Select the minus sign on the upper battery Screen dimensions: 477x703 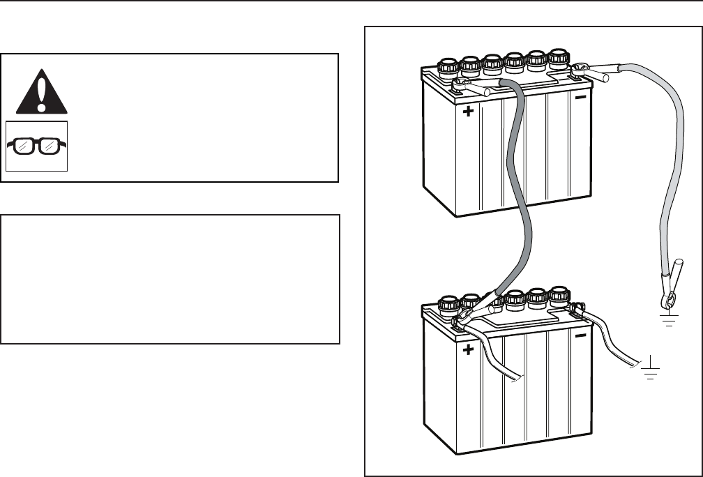(580, 98)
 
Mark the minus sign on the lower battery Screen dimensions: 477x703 (580, 337)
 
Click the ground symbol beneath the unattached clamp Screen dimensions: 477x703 (669, 319)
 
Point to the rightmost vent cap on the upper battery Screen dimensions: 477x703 (559, 58)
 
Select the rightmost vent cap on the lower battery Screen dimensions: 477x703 (559, 296)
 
